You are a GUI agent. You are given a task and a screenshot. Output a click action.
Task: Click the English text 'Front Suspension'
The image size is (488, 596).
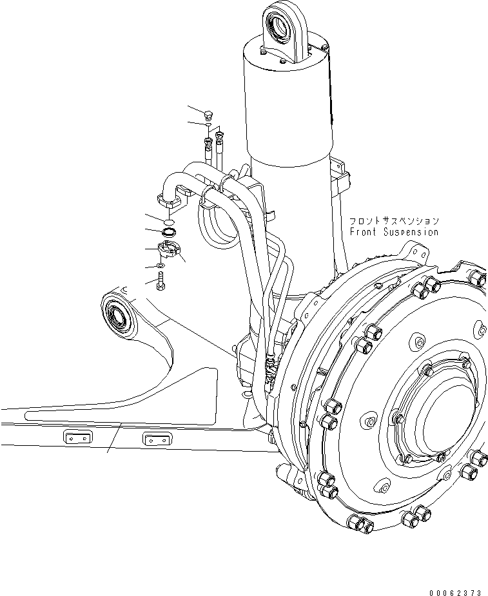point(394,232)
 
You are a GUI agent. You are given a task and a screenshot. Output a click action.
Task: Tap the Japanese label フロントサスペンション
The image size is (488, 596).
point(394,220)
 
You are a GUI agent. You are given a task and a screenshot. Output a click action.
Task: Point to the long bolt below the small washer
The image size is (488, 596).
point(161,281)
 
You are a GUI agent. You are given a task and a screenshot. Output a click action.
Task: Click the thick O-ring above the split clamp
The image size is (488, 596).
point(168,231)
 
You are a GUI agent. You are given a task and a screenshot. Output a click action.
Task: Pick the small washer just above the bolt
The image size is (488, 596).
point(161,266)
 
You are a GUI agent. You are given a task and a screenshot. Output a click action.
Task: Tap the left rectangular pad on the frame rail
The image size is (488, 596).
point(76,438)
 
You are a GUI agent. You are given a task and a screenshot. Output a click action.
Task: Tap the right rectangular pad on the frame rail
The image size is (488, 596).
point(157,440)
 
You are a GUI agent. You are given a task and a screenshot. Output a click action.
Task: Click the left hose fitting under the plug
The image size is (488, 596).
point(208,145)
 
